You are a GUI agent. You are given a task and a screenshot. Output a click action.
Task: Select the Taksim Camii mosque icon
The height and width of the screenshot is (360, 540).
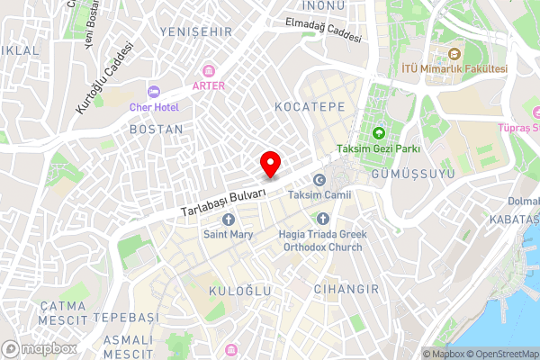click(318, 181)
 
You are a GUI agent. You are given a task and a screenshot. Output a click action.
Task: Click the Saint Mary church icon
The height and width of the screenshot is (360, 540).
click(227, 220)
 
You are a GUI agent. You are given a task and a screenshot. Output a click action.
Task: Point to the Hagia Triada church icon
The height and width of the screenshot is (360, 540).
click(323, 219)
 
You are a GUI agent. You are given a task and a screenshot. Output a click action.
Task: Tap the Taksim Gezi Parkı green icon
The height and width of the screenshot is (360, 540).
click(379, 133)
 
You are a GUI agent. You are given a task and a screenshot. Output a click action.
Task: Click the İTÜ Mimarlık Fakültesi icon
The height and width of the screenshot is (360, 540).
click(454, 54)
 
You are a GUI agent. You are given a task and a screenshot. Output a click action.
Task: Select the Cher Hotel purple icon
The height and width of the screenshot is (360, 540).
click(154, 92)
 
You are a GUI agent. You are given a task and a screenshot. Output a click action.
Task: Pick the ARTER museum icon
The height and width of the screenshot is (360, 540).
click(209, 71)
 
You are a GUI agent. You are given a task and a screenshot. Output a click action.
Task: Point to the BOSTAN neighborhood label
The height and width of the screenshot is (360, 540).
click(157, 130)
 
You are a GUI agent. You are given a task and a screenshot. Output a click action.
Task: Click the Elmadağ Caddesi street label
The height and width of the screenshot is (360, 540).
click(322, 31)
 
